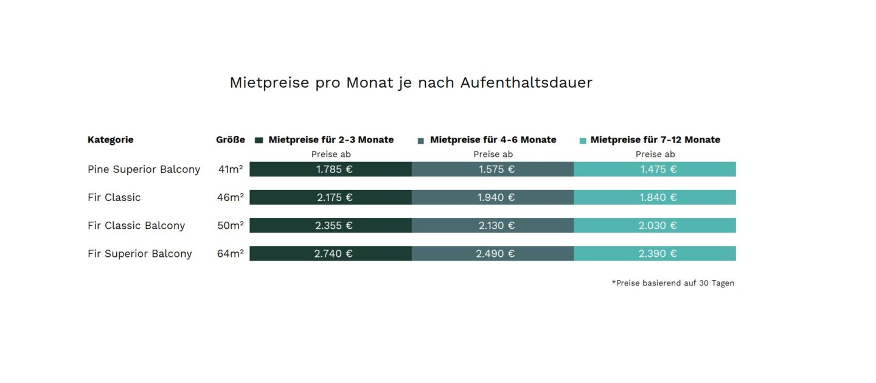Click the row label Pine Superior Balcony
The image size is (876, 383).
click(144, 169)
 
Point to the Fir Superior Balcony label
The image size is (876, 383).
click(139, 253)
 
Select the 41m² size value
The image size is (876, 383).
click(231, 169)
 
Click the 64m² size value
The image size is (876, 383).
click(230, 253)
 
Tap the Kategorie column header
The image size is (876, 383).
click(110, 139)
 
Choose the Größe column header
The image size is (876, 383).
click(230, 139)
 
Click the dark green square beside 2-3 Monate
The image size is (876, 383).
click(259, 140)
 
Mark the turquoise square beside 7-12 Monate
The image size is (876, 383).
click(583, 140)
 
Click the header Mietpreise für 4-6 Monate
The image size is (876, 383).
click(493, 139)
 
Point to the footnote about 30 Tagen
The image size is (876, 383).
click(673, 283)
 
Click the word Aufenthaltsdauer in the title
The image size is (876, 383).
click(526, 82)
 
